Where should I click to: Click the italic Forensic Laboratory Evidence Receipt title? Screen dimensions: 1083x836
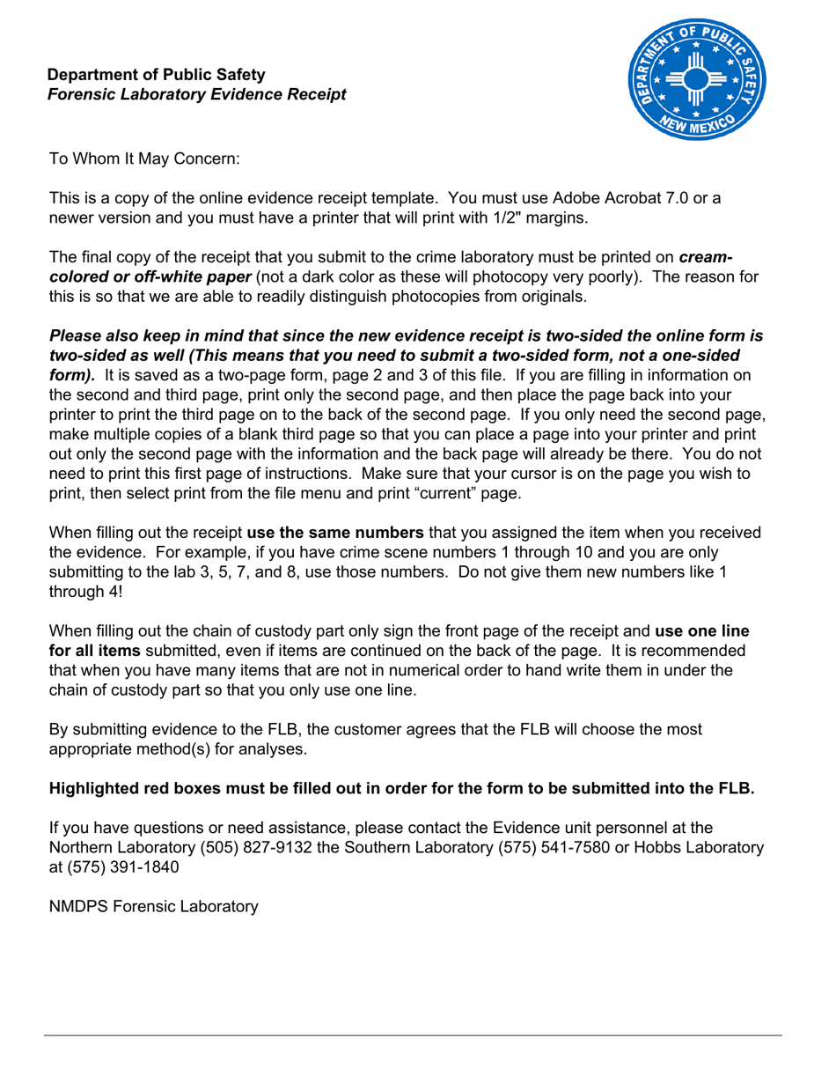pos(196,94)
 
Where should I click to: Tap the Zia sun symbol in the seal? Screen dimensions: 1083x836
pos(695,81)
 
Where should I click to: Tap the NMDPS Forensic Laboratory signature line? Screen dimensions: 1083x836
pos(153,905)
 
